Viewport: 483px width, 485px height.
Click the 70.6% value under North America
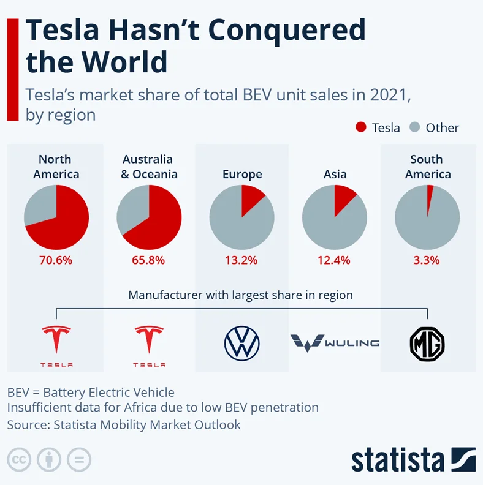(56, 260)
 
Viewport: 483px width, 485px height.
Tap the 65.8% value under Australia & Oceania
(149, 260)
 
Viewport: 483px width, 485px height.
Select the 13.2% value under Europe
(241, 260)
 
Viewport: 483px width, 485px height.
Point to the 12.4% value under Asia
(334, 260)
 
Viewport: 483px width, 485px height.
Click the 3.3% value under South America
(427, 260)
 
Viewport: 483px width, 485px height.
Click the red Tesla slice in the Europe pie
(251, 198)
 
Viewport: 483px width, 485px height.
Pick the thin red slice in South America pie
(430, 195)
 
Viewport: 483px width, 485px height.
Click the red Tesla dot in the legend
(361, 127)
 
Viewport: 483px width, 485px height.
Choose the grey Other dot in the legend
(415, 127)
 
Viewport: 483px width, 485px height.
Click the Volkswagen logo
(241, 343)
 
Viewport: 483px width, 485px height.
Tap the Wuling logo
(334, 342)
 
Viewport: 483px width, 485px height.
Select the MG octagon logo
(427, 344)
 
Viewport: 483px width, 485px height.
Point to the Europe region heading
(242, 175)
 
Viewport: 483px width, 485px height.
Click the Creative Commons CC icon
(19, 459)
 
